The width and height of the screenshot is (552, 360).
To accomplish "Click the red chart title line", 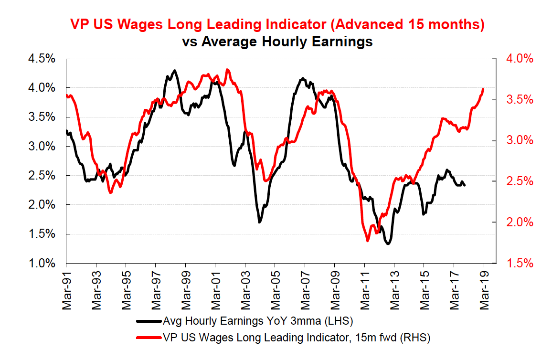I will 277,24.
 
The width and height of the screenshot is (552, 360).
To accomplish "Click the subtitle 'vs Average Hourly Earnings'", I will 277,42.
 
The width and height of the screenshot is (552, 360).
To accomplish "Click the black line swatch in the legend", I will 149,320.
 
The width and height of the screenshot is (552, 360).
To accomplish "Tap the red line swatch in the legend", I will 149,338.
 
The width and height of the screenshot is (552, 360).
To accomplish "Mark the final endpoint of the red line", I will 484,89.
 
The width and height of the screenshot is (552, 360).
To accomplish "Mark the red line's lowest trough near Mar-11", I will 368,241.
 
